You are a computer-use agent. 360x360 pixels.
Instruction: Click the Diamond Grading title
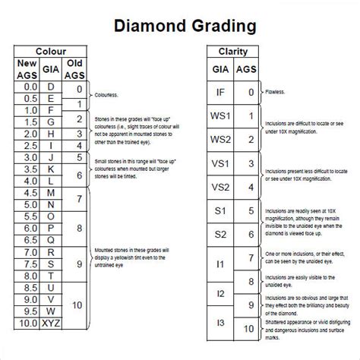pos(185,27)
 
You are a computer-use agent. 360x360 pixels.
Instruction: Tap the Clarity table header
pos(233,52)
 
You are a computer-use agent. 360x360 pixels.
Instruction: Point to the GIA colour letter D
pos(52,87)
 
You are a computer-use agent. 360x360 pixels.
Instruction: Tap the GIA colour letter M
pos(52,194)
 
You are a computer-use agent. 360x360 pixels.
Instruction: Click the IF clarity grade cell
pos(219,92)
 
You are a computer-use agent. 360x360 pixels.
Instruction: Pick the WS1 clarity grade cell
pos(219,116)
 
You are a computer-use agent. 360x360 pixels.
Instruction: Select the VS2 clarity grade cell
pos(219,188)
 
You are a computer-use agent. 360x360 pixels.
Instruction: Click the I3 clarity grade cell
pos(219,324)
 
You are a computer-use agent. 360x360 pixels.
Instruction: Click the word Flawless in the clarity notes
pos(276,92)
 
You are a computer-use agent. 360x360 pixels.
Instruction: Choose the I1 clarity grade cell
pos(219,264)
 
